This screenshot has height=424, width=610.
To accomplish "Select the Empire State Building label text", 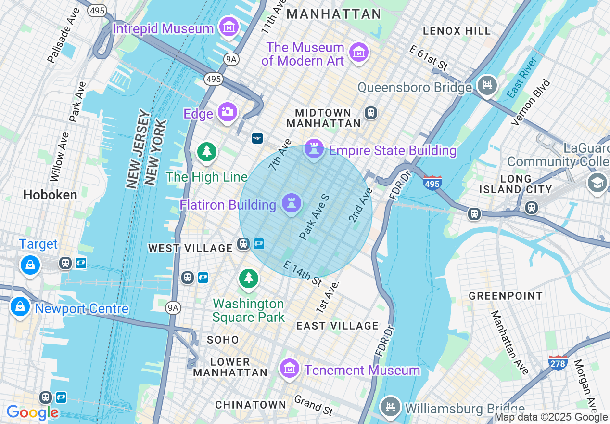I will click(x=392, y=150).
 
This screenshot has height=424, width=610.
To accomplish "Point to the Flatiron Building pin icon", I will click(x=292, y=203).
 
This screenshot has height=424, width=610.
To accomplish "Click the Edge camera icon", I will click(x=227, y=112).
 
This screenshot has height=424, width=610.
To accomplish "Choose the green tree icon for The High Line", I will click(x=207, y=151).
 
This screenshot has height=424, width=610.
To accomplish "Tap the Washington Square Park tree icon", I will click(x=248, y=278).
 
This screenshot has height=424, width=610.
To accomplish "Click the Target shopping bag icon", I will click(x=30, y=265).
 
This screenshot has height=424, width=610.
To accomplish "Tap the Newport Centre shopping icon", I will click(x=20, y=306).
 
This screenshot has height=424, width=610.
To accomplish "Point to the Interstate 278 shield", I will click(x=558, y=362).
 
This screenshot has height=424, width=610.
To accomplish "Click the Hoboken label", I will click(x=50, y=195).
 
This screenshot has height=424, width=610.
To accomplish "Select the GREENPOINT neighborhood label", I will click(x=506, y=296).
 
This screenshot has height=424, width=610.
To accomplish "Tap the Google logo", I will click(x=32, y=412).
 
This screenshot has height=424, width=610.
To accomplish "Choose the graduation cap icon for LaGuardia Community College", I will click(x=597, y=183).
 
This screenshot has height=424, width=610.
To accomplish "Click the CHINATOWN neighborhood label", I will click(x=250, y=405).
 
